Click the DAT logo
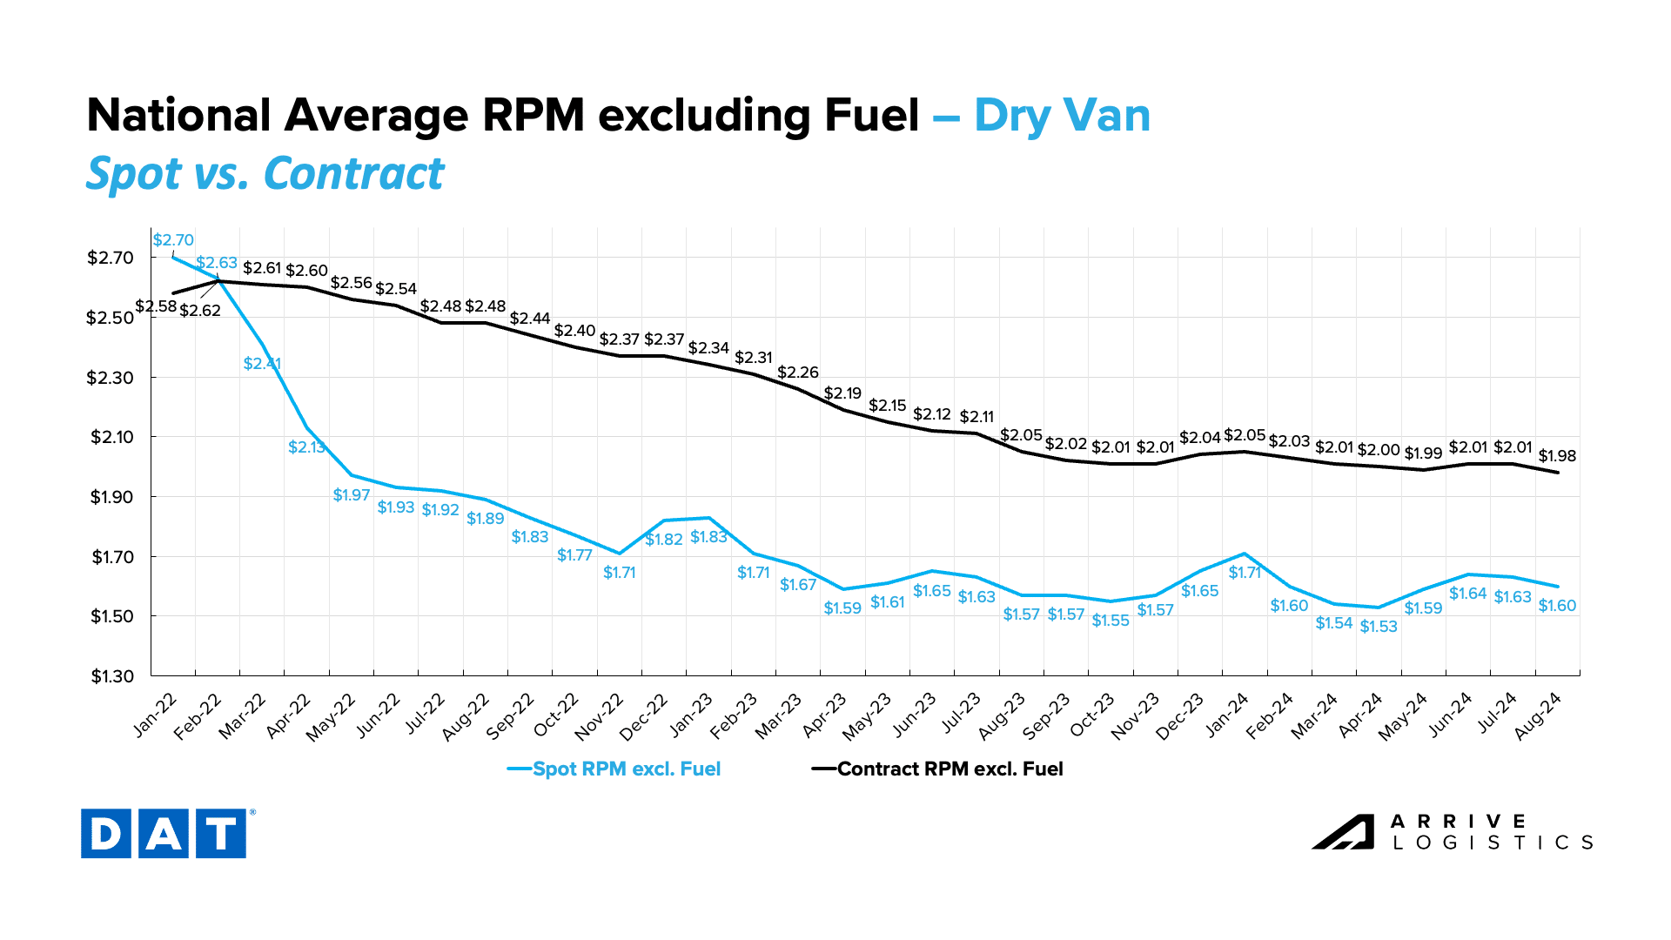pos(164,833)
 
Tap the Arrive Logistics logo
pos(1452,832)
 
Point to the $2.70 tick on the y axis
pos(110,258)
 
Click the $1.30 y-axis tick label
pos(112,676)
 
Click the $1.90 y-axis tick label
pos(112,497)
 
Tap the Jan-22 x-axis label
pos(156,715)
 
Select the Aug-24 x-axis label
pos(1539,716)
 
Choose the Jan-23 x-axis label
pos(692,715)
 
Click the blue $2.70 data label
pos(173,240)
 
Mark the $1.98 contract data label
pos(1557,456)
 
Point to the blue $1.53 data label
pos(1379,627)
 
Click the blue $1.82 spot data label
pos(664,540)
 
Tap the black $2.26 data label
pos(798,373)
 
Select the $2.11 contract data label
pos(976,417)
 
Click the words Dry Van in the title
pos(1062,116)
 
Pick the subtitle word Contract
pos(354,173)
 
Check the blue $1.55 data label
pos(1111,621)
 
